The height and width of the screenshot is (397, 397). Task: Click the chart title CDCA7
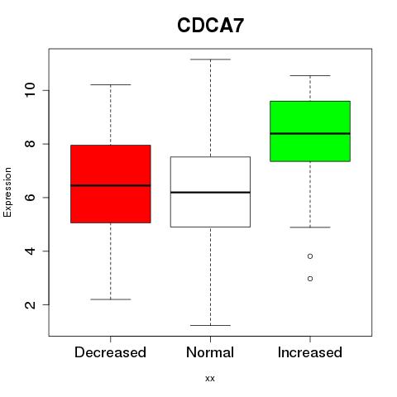[210, 26]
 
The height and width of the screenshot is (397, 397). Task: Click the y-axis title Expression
[7, 192]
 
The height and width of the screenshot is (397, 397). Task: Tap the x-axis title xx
[210, 379]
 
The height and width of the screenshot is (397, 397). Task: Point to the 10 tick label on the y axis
[30, 90]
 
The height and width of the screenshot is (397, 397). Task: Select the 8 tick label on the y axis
[30, 144]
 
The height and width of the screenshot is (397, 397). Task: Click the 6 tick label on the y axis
[30, 198]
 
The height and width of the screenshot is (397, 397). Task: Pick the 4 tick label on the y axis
[30, 251]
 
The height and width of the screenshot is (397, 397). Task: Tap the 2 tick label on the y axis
[30, 304]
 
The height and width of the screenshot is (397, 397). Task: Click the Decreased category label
[110, 352]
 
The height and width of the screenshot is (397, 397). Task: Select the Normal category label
[210, 352]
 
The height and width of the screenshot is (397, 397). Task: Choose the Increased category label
[310, 352]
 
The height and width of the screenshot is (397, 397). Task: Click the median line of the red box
[111, 185]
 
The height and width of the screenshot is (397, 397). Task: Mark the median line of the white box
[210, 192]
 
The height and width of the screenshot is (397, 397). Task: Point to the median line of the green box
[310, 133]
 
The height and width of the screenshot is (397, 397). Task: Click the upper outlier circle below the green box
[310, 256]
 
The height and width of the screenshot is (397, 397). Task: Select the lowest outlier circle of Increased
[310, 279]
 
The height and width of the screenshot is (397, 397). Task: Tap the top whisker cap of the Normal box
[210, 60]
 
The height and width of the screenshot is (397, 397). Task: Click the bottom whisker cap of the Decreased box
[111, 299]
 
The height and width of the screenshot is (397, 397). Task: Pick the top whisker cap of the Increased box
[310, 75]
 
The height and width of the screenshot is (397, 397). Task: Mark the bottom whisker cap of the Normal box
[210, 325]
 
